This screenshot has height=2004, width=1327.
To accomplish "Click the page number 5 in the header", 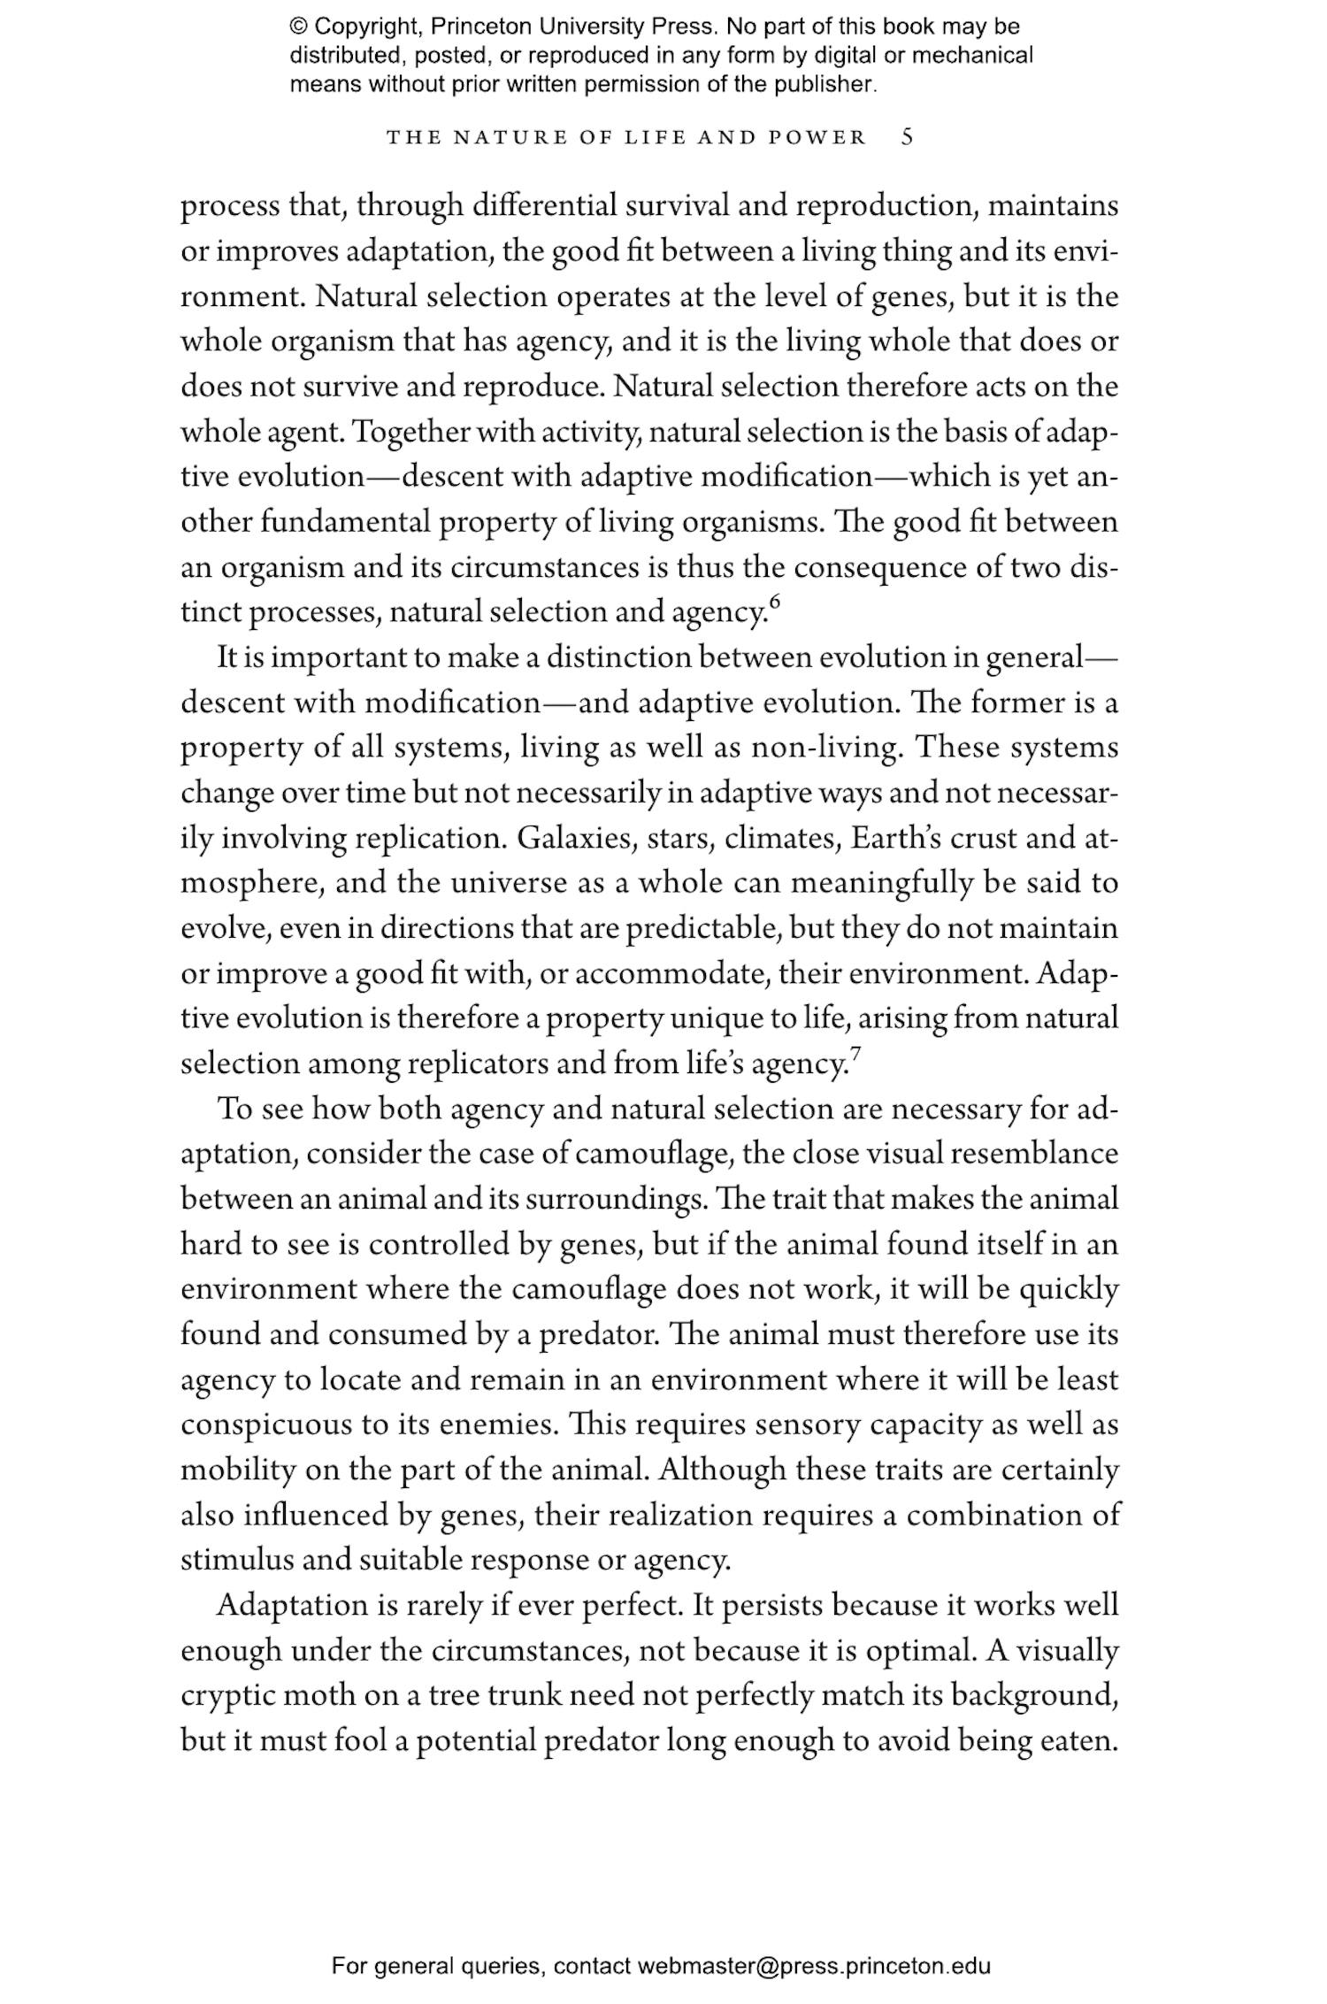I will (907, 137).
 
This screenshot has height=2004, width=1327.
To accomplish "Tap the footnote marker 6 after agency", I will (775, 603).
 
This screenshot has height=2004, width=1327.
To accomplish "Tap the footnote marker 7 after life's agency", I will (855, 1054).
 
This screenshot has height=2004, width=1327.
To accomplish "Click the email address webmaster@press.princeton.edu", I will (813, 1966).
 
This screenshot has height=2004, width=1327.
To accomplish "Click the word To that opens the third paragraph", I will (235, 1109).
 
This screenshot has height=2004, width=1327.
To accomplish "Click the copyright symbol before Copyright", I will (297, 27).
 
